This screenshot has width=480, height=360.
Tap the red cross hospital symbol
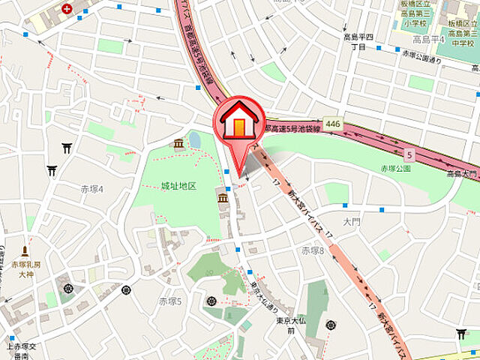coord(67,9)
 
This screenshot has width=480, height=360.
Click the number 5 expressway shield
coord(408,155)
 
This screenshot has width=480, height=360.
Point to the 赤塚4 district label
coord(91,189)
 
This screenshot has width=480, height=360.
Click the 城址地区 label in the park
coord(178,185)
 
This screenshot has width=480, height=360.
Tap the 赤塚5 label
coord(170,300)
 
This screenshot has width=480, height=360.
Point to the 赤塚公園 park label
coord(395,169)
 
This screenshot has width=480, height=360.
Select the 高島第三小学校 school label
coord(415,13)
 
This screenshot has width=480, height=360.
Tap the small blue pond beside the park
coord(195,139)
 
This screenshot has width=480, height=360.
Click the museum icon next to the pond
coord(179,143)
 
